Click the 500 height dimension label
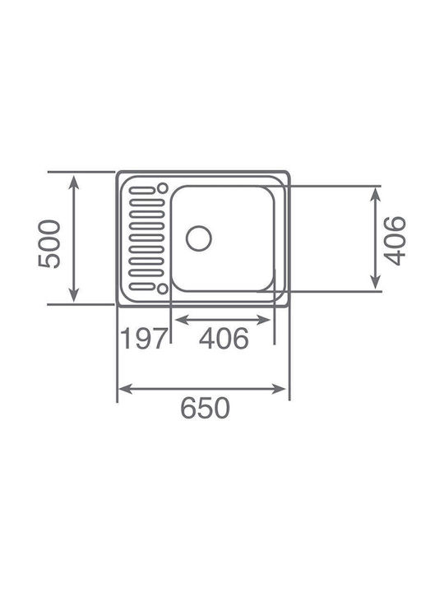coord(49,244)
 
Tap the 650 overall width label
coord(205,408)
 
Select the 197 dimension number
coord(144,339)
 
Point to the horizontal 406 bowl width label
coord(224,338)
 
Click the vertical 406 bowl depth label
coord(395,241)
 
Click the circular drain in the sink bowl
coord(199,238)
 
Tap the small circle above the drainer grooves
coord(163,187)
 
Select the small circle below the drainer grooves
coord(162,289)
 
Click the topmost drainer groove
coord(142,190)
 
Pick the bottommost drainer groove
coord(142,286)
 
